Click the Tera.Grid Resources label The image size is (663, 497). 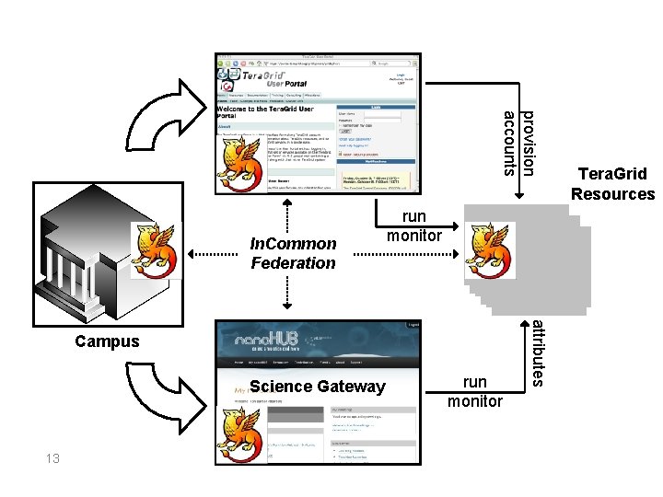tap(612, 183)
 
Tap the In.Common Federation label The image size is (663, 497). tap(294, 253)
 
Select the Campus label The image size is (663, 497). tap(107, 341)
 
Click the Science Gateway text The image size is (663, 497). tap(317, 387)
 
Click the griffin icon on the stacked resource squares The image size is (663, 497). tap(489, 246)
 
